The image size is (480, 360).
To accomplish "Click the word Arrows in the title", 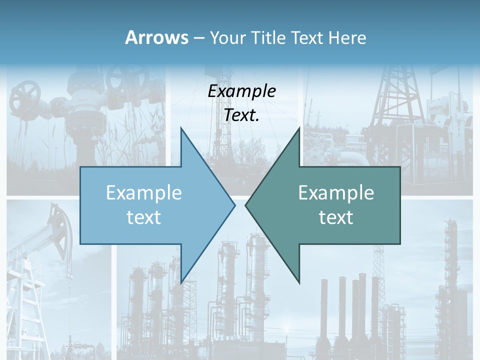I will tap(157, 37).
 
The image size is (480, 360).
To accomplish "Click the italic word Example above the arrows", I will tap(241, 91).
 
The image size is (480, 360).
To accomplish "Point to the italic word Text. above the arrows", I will tap(241, 115).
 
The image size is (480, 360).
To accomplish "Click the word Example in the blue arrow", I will tap(144, 193).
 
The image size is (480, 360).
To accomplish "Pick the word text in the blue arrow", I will tap(144, 217).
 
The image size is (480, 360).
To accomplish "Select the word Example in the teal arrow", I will tap(336, 193).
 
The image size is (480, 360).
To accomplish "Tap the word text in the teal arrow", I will tap(336, 217).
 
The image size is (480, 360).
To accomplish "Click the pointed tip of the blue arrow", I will tap(235, 205).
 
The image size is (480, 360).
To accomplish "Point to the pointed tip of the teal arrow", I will tap(245, 205).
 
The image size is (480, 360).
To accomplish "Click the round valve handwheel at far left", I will tap(25, 96).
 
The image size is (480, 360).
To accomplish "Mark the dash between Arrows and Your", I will tap(198, 38).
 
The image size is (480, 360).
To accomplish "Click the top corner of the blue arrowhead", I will tap(181, 128).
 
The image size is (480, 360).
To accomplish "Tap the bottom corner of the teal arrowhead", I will tap(299, 283).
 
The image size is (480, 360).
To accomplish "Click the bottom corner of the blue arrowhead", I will tap(181, 283).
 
